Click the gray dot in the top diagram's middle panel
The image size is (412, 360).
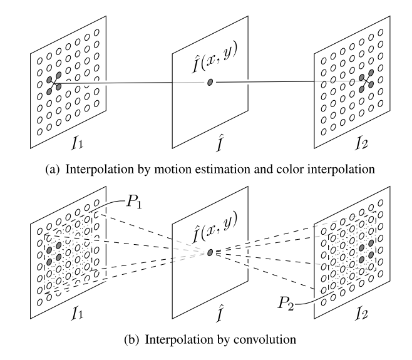click(x=210, y=83)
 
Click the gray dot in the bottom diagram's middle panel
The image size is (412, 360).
click(x=210, y=252)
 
